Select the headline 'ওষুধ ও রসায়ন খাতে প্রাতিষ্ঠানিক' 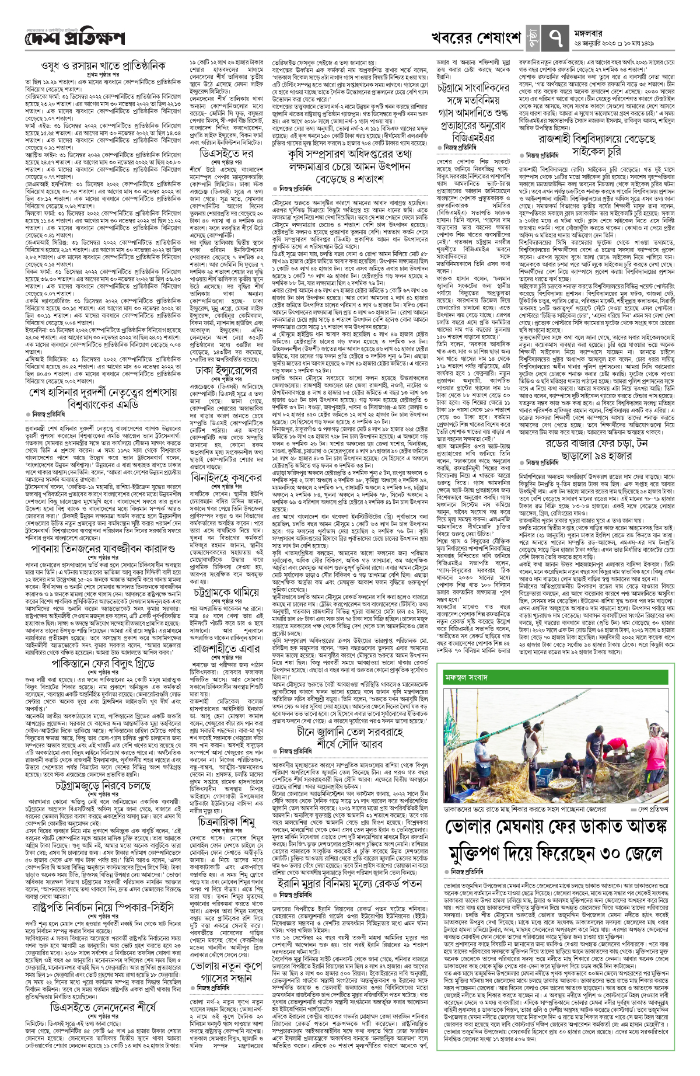click(103, 65)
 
